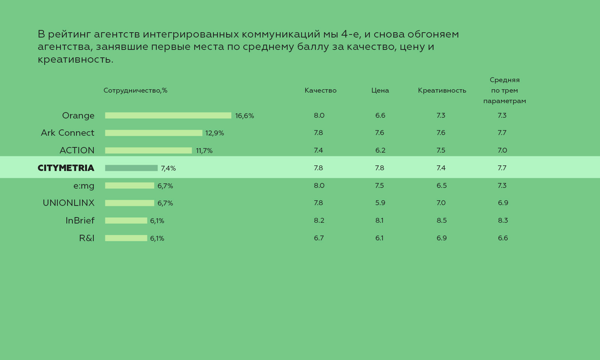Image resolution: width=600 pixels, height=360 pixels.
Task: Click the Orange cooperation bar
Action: click(168, 115)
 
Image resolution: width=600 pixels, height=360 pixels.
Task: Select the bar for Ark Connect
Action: click(153, 133)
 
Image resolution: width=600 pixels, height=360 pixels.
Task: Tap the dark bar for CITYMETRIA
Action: click(131, 168)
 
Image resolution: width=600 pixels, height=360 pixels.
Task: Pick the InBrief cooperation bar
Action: click(126, 220)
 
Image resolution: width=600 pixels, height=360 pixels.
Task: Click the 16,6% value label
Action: click(244, 116)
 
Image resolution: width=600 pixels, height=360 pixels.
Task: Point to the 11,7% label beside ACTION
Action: click(204, 151)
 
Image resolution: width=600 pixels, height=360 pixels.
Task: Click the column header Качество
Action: click(320, 90)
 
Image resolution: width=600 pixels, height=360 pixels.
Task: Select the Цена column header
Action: click(380, 90)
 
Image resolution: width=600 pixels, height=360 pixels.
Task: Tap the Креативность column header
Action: click(442, 90)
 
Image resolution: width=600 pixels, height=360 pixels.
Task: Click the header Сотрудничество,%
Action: click(135, 90)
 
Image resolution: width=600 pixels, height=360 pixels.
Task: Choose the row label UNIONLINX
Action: click(69, 203)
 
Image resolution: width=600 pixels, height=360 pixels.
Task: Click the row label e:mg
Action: click(84, 186)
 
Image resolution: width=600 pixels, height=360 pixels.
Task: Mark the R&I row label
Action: click(87, 238)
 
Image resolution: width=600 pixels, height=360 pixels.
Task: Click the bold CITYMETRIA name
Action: click(66, 168)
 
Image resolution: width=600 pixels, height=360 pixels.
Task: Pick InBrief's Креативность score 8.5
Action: click(441, 220)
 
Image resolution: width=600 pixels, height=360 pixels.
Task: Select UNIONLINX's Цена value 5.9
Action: click(380, 203)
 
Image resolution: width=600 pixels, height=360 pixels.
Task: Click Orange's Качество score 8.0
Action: click(319, 115)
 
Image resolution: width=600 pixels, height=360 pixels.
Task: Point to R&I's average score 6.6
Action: click(502, 238)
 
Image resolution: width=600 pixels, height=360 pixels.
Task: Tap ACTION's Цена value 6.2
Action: click(380, 150)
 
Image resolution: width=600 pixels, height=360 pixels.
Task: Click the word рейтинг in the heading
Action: click(69, 34)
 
